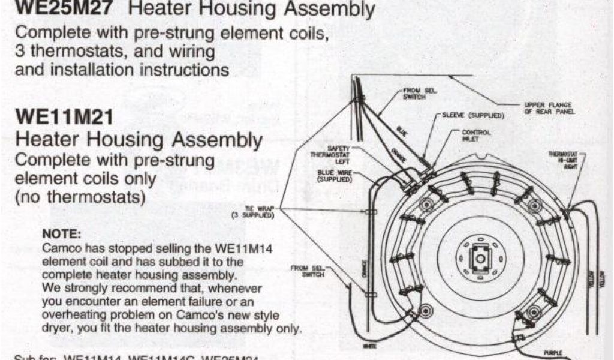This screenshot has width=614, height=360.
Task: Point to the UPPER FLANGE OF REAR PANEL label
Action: [549, 108]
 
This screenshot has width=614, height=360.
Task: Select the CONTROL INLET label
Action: [476, 136]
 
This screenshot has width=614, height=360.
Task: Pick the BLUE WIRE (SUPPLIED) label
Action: [335, 175]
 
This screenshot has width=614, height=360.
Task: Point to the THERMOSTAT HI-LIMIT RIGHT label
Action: [565, 160]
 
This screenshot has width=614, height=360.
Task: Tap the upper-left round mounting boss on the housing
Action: [426, 205]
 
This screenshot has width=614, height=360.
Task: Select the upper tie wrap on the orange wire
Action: [367, 212]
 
